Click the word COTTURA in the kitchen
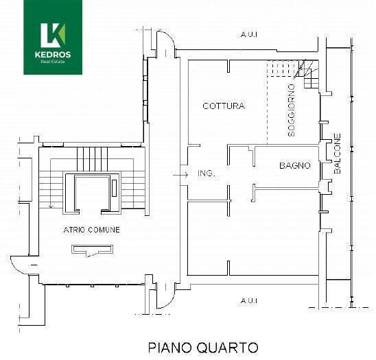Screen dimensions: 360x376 coord(224,106)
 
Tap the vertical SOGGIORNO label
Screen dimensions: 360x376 coord(292,110)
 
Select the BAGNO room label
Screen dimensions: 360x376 coord(294,166)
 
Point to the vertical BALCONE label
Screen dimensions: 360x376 coord(337,153)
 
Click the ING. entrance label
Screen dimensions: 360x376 coord(206,174)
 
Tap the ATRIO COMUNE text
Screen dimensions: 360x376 coord(92,230)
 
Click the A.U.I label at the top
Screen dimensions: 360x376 coord(248,34)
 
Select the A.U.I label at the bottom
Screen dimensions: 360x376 coord(248,300)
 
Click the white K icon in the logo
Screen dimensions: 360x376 coord(52,33)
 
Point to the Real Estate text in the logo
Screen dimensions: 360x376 coord(53,62)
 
